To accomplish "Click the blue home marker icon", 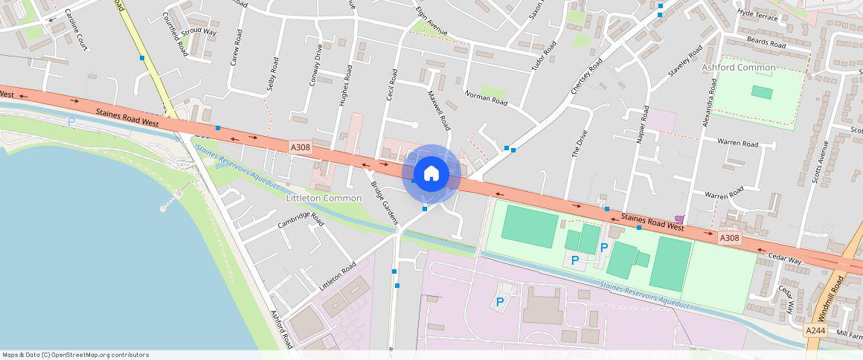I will (431, 174).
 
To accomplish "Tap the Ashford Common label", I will (739, 68).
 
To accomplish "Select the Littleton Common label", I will (324, 199).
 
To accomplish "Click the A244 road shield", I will (815, 330).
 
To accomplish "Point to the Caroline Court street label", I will (77, 30).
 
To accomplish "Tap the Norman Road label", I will (485, 97).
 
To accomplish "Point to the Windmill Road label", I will (838, 294).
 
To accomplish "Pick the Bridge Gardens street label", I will (385, 202).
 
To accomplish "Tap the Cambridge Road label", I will (301, 221).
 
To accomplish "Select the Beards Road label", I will (766, 44).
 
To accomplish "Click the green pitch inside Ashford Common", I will (762, 92).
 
